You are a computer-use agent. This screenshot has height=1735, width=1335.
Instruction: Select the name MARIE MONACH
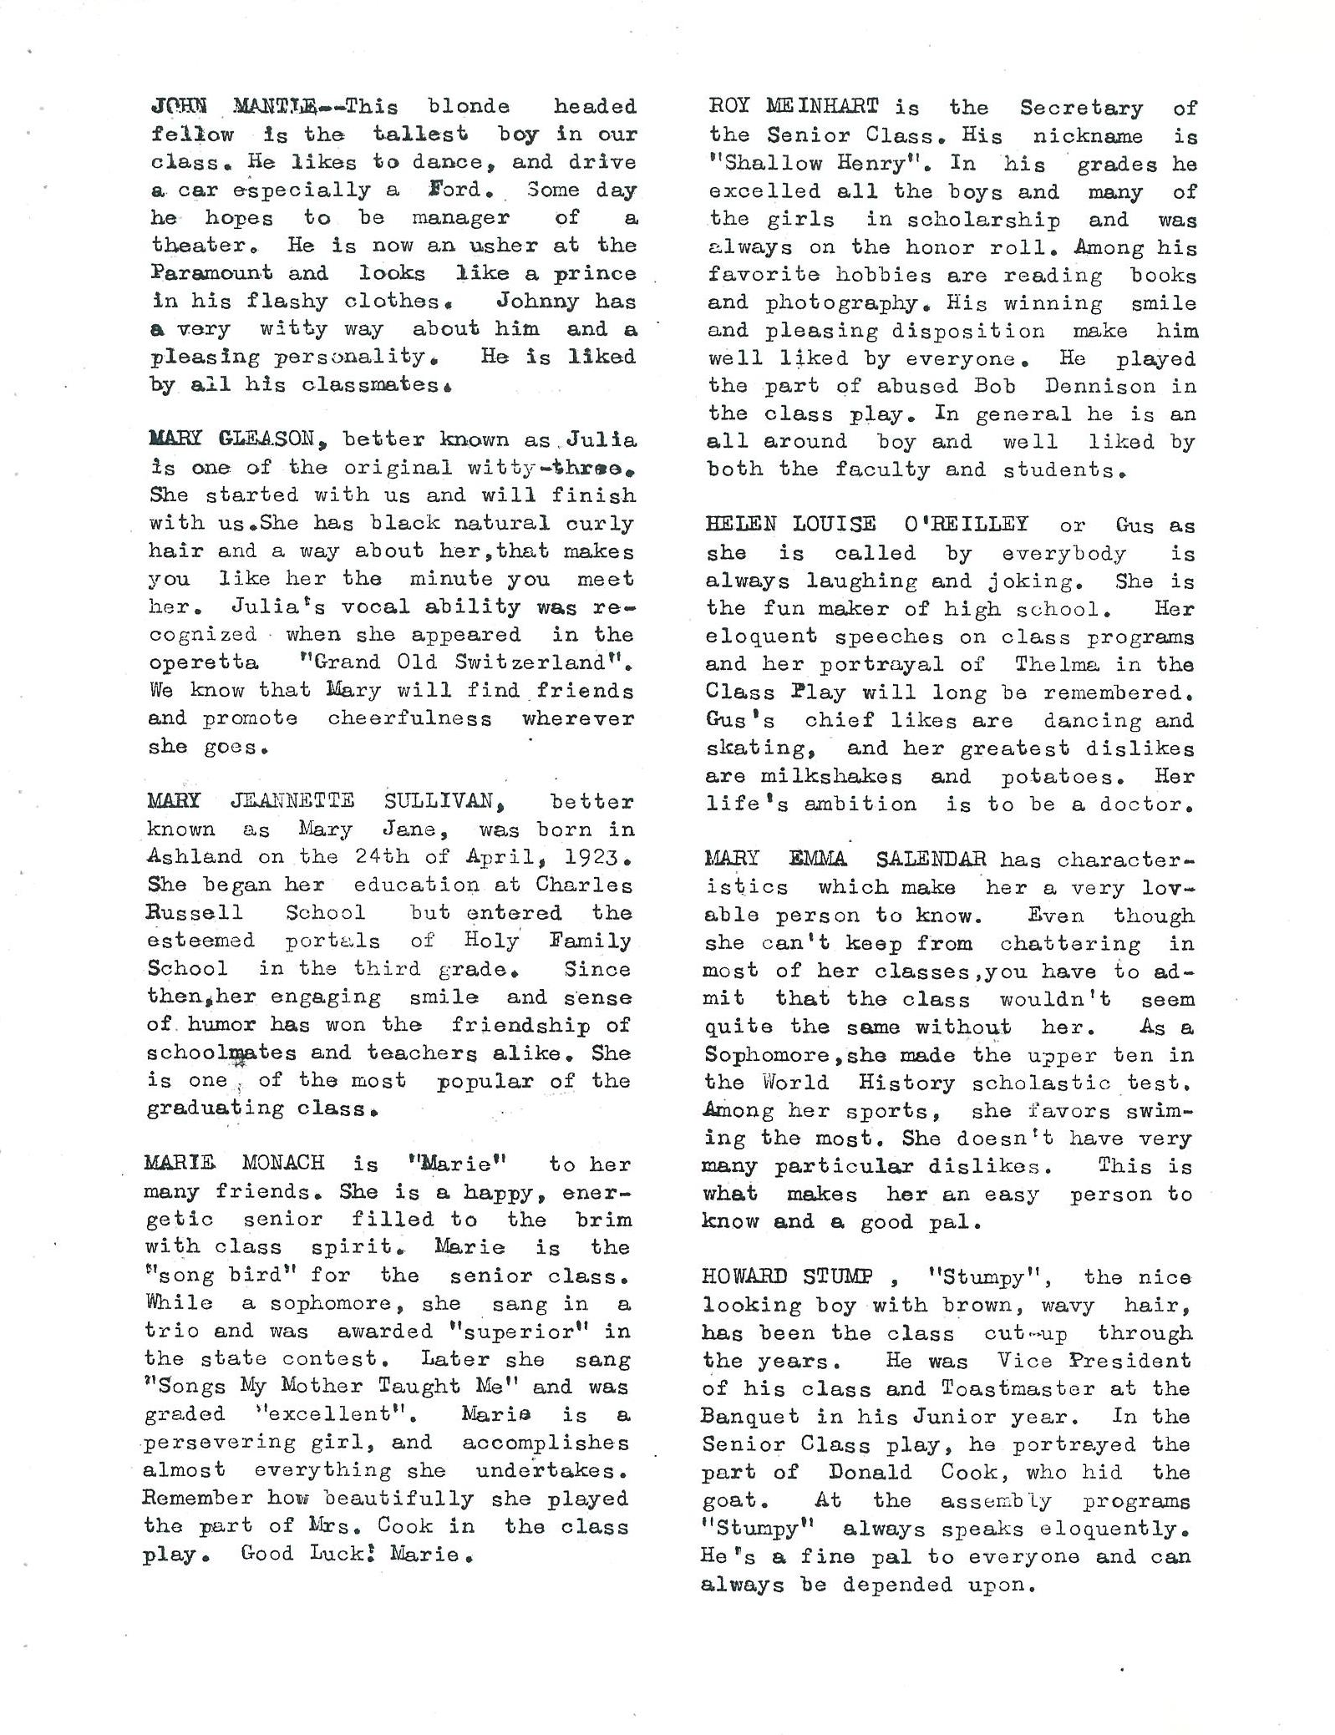tap(236, 1164)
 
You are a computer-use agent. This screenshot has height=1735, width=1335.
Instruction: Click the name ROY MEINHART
tap(793, 107)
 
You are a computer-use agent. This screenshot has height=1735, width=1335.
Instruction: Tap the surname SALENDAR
tap(931, 859)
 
